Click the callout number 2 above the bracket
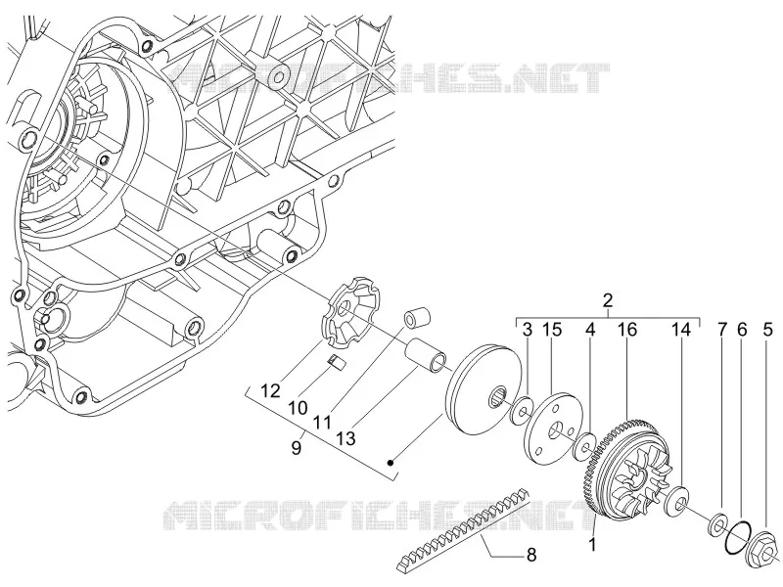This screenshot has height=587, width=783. click(608, 300)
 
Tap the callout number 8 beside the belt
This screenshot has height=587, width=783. click(530, 554)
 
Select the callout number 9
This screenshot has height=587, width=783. click(297, 447)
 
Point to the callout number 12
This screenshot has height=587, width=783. click(270, 390)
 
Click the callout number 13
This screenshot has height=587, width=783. click(345, 437)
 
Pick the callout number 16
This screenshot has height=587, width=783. click(626, 330)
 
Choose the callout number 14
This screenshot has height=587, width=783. click(680, 330)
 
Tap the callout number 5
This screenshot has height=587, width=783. click(767, 330)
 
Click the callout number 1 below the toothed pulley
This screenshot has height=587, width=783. click(592, 544)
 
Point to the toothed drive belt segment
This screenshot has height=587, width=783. click(463, 530)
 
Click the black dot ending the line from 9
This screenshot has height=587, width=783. click(391, 463)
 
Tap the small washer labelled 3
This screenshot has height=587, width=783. click(522, 411)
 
